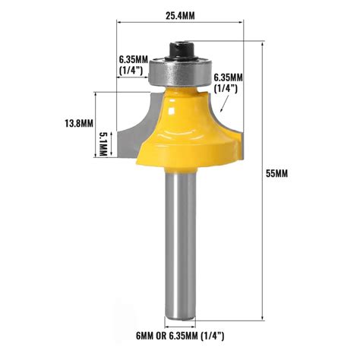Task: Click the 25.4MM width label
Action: (181, 12)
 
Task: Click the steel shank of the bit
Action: (180, 243)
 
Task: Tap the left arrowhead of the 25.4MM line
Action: (121, 23)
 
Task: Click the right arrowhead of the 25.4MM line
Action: (241, 23)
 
